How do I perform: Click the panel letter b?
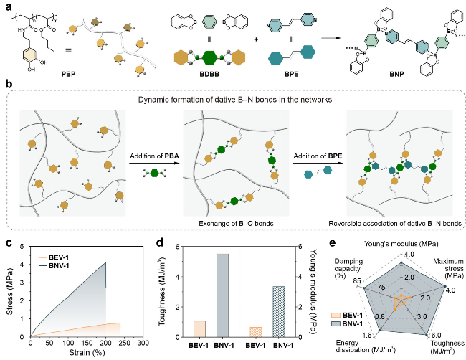[x=9, y=85]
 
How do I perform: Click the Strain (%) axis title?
[x=92, y=353]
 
